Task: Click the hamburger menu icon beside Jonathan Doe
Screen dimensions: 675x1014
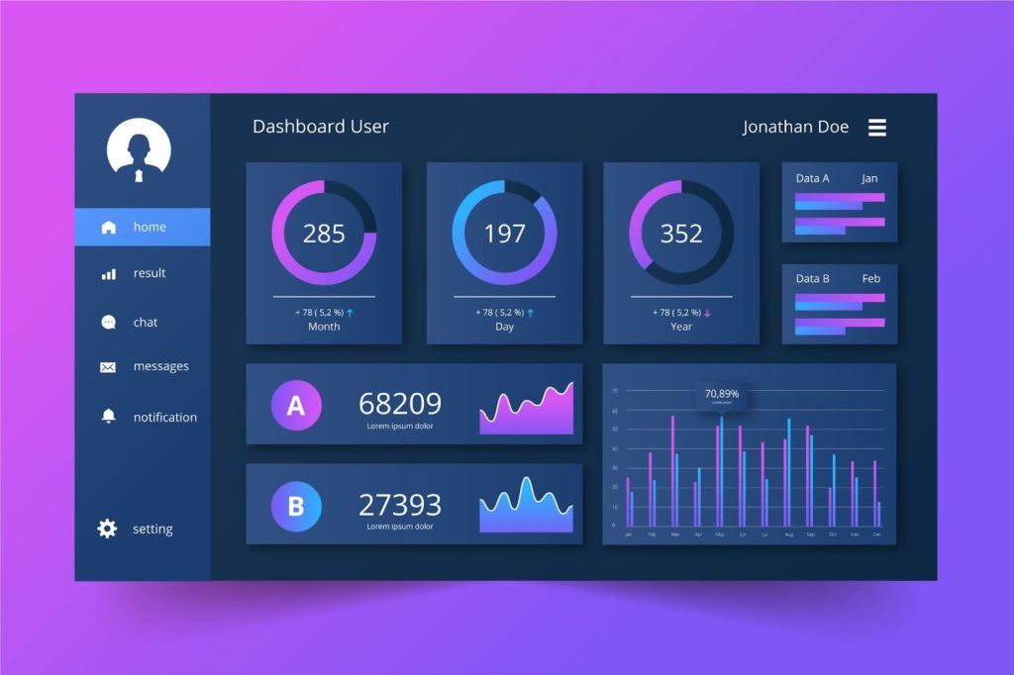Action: pyautogui.click(x=877, y=128)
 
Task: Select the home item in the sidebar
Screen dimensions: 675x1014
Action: pyautogui.click(x=142, y=227)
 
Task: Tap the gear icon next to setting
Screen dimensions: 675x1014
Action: pyautogui.click(x=107, y=529)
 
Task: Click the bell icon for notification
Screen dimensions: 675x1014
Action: pyautogui.click(x=108, y=417)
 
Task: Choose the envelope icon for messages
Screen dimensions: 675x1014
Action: pyautogui.click(x=108, y=367)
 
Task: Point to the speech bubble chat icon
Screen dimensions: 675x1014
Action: pyautogui.click(x=108, y=323)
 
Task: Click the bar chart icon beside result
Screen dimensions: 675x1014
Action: pyautogui.click(x=108, y=273)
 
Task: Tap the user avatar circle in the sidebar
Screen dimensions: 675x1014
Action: pyautogui.click(x=139, y=150)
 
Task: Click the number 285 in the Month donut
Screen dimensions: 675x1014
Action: pyautogui.click(x=324, y=234)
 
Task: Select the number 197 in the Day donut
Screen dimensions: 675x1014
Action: pyautogui.click(x=504, y=234)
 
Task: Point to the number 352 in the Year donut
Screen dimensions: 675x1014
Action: pyautogui.click(x=681, y=234)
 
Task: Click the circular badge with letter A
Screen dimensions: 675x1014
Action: pyautogui.click(x=296, y=405)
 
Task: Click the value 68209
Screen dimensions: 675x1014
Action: pyautogui.click(x=400, y=403)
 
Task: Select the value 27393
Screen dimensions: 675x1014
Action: pyautogui.click(x=400, y=505)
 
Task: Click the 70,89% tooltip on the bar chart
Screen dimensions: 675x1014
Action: pyautogui.click(x=721, y=395)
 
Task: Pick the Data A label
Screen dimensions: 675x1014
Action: pyautogui.click(x=812, y=178)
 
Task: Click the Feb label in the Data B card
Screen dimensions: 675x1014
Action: pyautogui.click(x=870, y=278)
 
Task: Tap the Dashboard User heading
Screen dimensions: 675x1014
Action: pyautogui.click(x=321, y=127)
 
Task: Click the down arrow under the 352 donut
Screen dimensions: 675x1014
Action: pyautogui.click(x=708, y=313)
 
